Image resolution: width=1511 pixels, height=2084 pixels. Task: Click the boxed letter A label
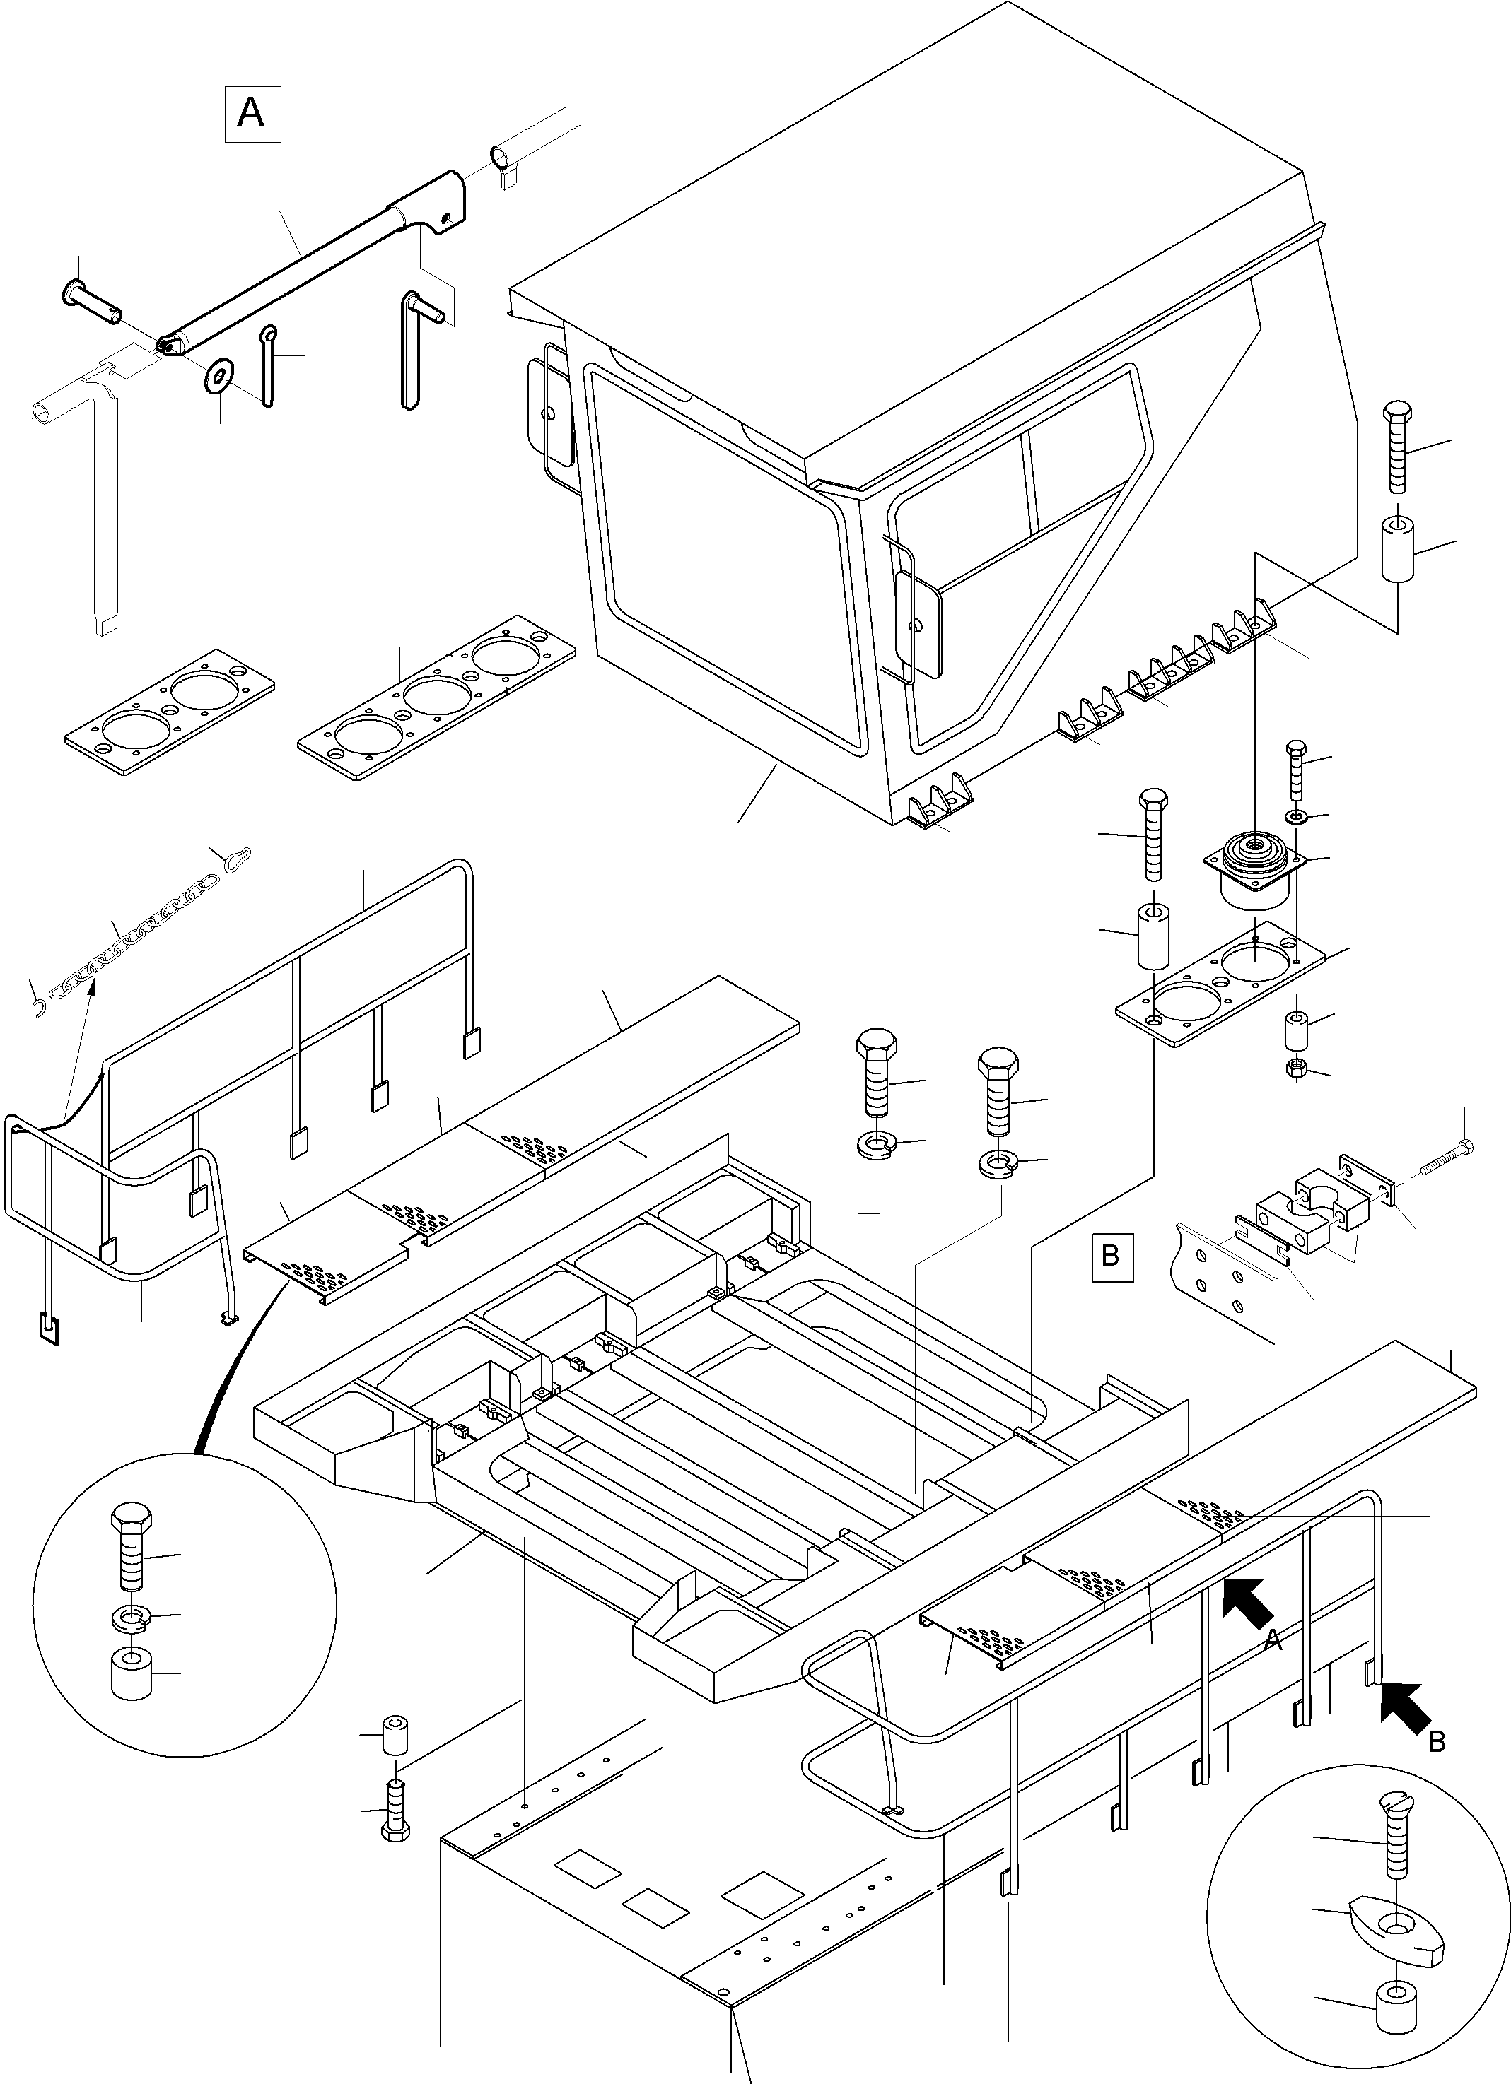coord(252,115)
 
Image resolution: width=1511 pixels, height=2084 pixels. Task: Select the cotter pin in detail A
coord(267,365)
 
